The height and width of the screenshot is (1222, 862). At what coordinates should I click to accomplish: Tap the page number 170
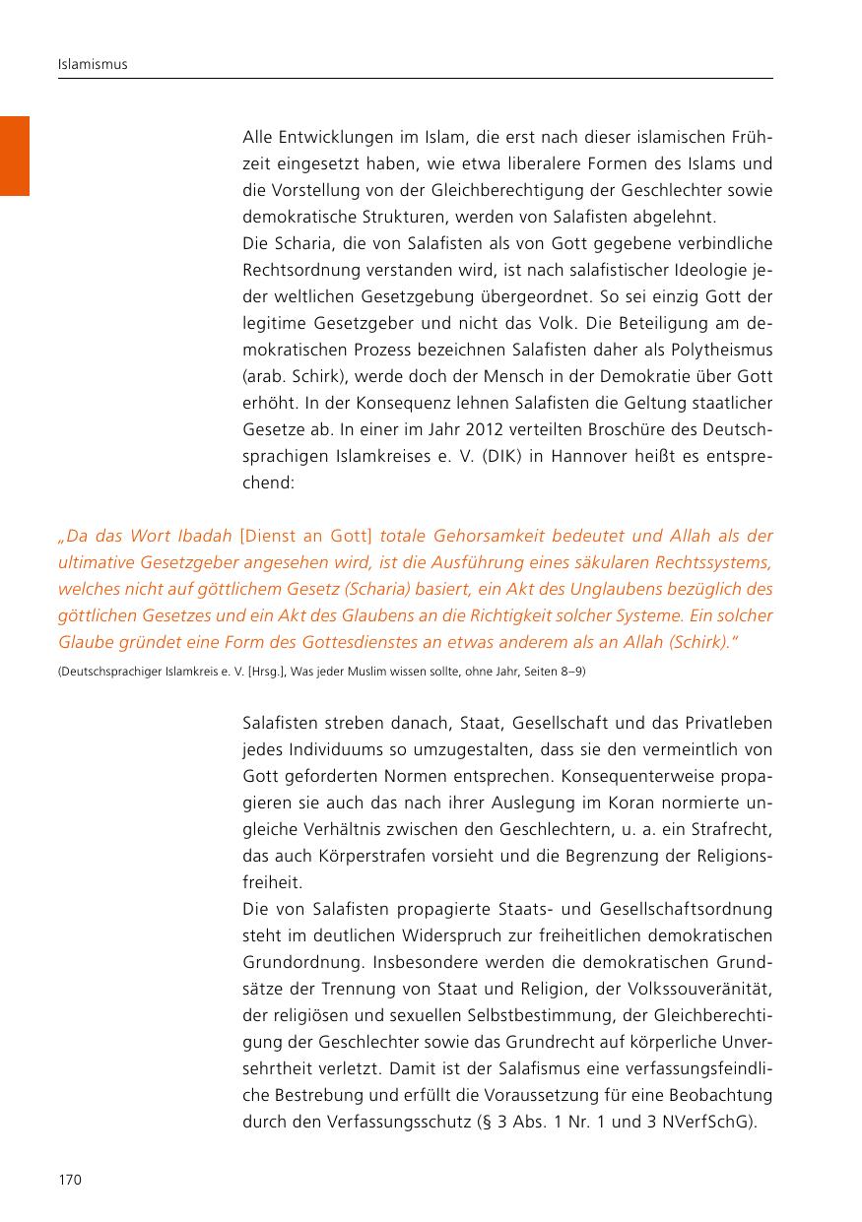point(69,1180)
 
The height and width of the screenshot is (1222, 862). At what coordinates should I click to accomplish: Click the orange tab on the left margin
point(15,156)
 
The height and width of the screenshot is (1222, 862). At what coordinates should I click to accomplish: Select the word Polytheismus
point(718,351)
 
